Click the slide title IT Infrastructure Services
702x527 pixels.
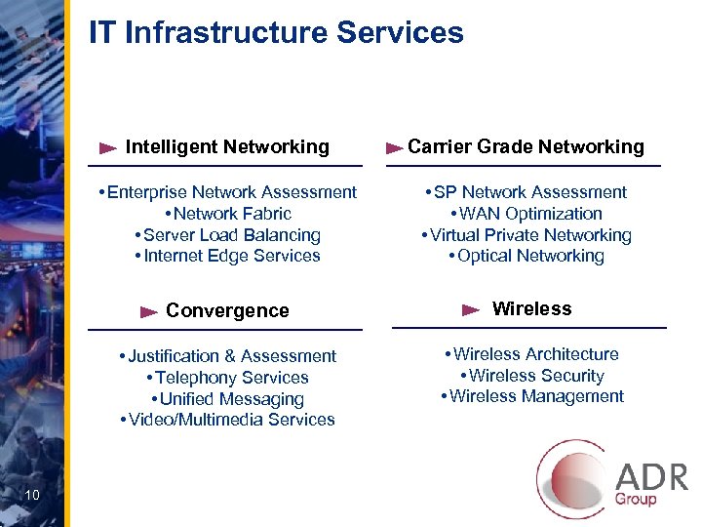(276, 33)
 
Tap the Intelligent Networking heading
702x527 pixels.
(227, 147)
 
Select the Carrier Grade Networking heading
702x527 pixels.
(526, 147)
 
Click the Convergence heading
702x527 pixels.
(227, 311)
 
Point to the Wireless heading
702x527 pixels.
(531, 309)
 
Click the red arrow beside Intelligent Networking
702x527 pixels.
(109, 148)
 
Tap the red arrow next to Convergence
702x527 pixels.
(148, 312)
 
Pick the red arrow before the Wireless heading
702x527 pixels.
(470, 310)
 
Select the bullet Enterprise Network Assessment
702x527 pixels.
(232, 192)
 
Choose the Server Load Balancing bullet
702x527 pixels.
(232, 235)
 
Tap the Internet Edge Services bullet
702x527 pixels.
(232, 257)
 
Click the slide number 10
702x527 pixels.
(32, 497)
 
